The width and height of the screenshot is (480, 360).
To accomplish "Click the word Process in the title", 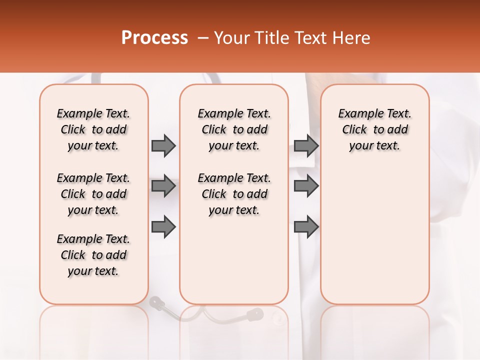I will [154, 38].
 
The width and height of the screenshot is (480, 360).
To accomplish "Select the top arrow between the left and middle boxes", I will [163, 145].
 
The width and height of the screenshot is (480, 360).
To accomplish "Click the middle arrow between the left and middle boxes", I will [163, 186].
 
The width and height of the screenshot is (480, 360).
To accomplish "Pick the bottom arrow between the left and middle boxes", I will [163, 226].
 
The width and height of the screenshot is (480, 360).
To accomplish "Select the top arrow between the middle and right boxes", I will [306, 145].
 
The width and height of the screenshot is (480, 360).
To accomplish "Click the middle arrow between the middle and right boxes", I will [306, 186].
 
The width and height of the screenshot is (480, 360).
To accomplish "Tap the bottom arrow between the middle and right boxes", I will [306, 226].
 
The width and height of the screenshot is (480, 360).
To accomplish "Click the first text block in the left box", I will [93, 129].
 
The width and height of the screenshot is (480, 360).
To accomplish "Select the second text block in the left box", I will [93, 194].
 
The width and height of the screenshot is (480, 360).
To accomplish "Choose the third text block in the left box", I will [93, 255].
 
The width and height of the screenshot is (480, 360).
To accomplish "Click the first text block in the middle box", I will [234, 129].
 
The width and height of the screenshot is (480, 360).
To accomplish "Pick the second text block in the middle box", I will [234, 194].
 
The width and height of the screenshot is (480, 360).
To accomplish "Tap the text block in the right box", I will [374, 129].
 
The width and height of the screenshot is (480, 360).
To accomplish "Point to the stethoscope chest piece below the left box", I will [156, 302].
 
